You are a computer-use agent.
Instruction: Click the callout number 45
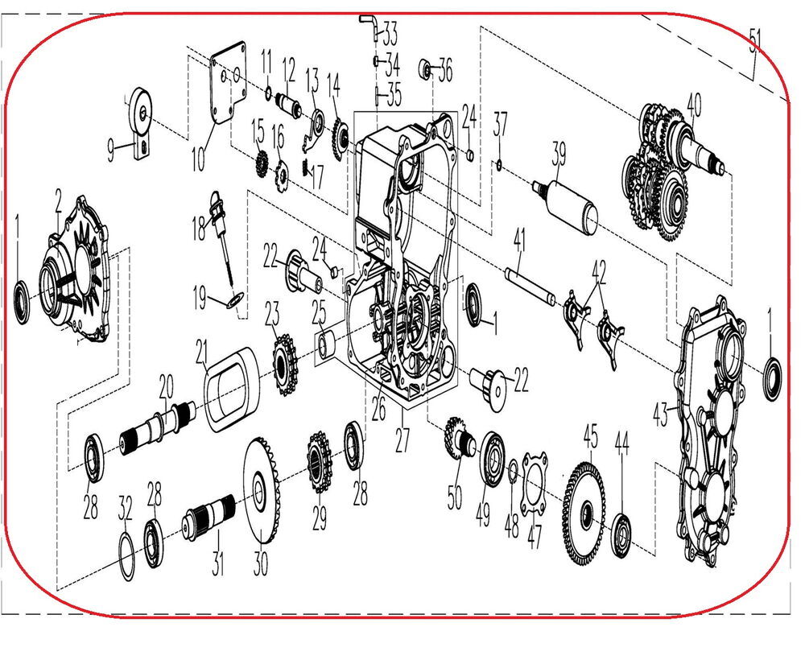(591, 438)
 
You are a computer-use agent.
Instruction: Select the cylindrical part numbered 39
(571, 200)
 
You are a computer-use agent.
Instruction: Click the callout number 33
(390, 34)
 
